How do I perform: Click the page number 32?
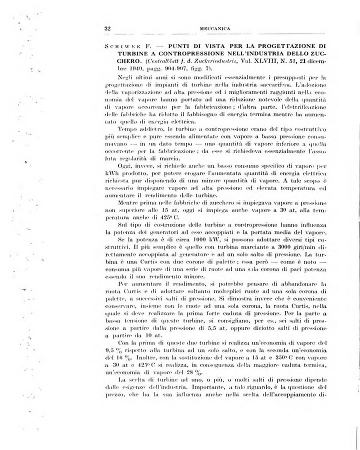(107, 28)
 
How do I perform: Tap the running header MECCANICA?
(215, 28)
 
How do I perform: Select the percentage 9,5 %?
(112, 351)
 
